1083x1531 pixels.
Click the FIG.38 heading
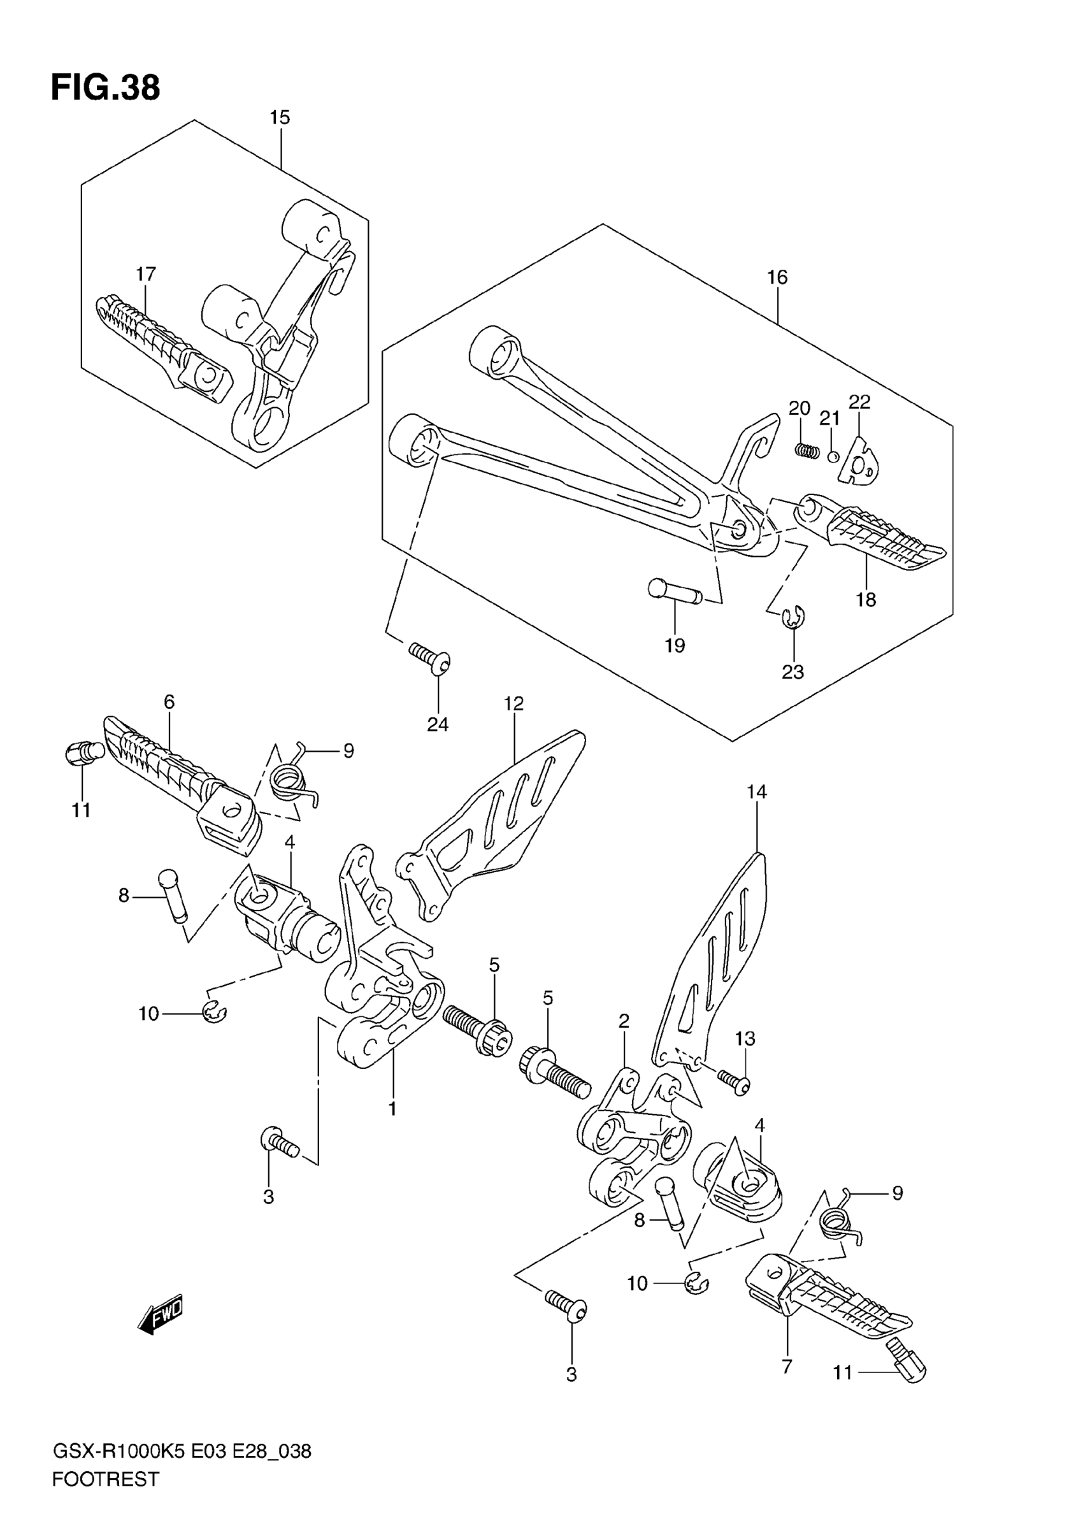point(105,89)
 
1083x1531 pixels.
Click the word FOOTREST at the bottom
point(105,1497)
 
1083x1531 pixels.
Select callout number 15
point(280,118)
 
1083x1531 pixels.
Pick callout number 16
point(777,277)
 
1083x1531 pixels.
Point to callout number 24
point(438,724)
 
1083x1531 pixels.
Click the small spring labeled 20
point(807,451)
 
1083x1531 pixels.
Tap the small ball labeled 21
point(832,457)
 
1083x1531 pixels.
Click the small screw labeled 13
point(733,1082)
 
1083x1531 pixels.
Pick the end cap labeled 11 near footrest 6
point(83,754)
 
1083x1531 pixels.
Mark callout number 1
point(393,1109)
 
